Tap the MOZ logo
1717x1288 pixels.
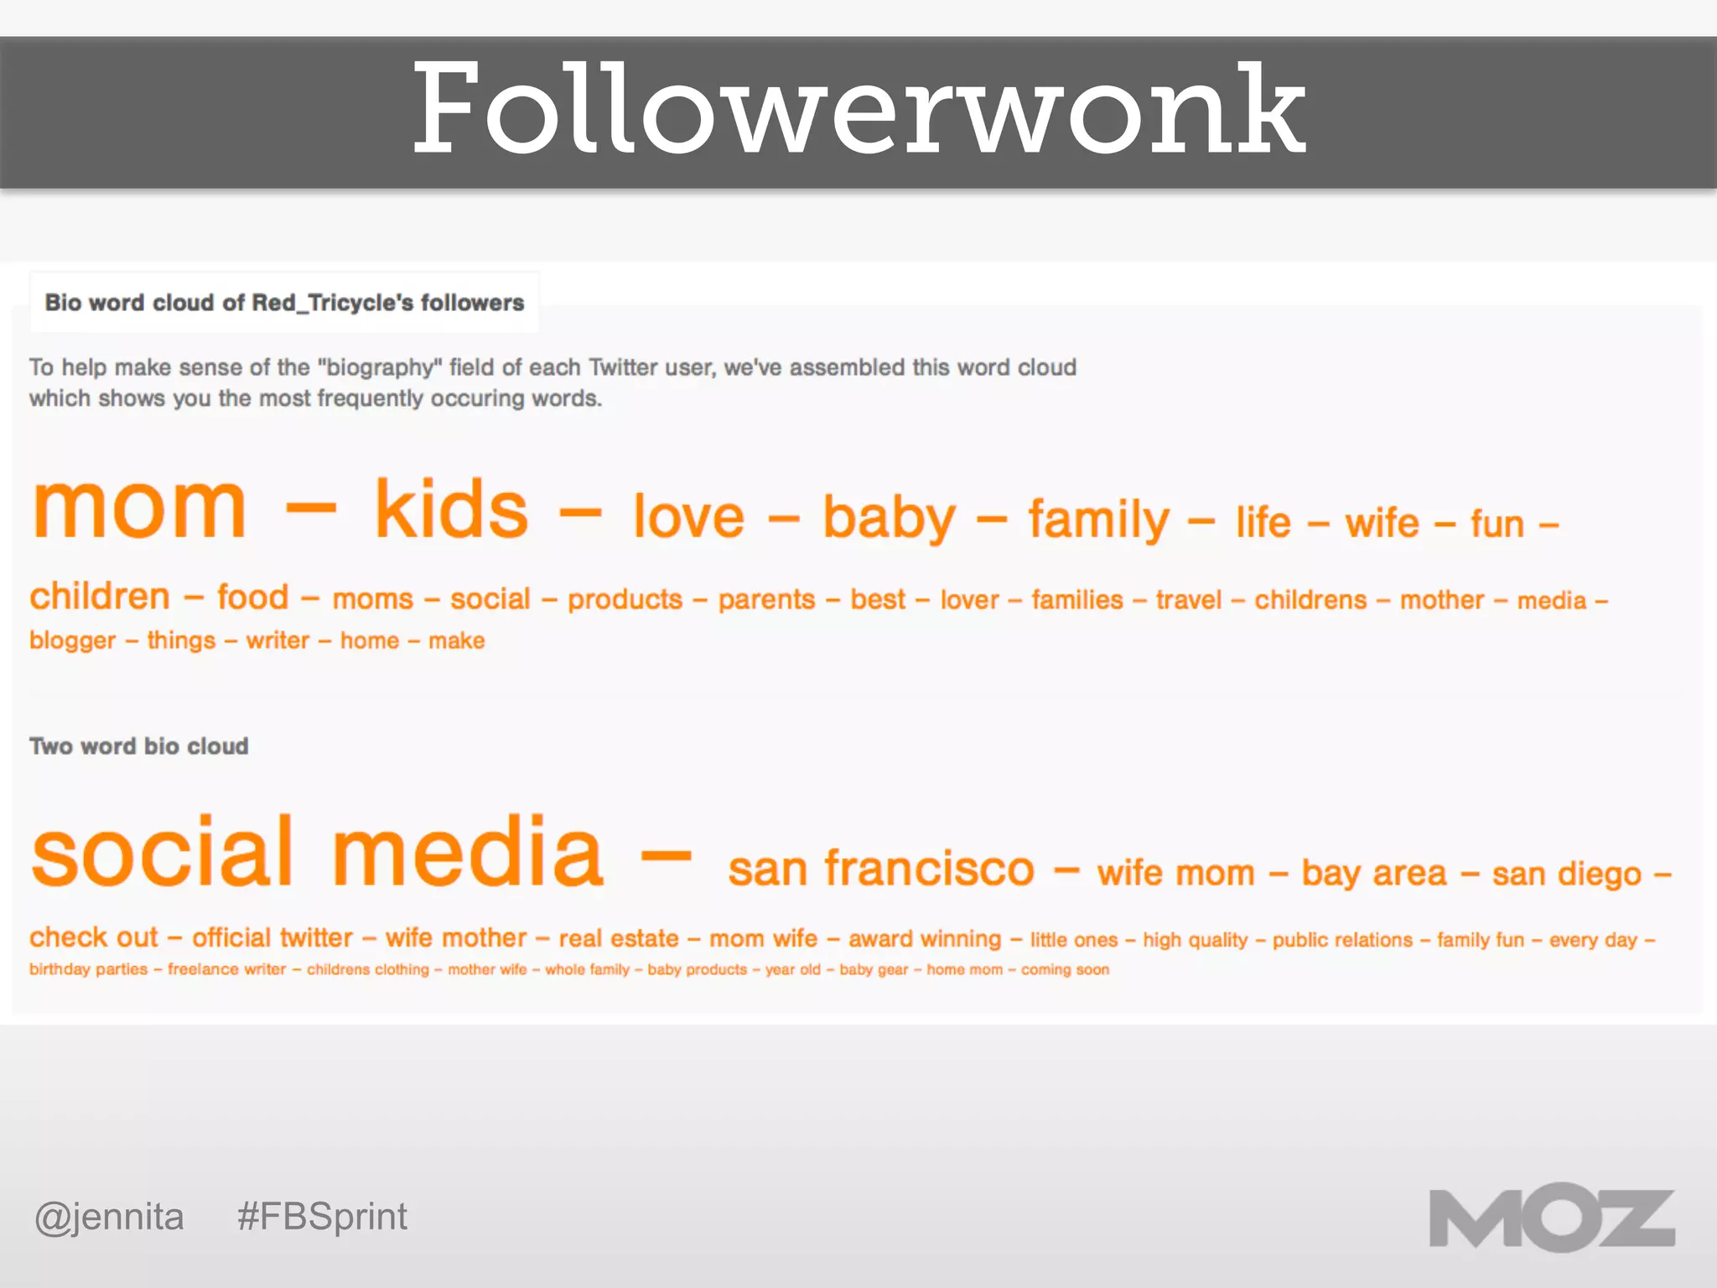pos(1551,1218)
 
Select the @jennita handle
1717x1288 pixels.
pos(109,1217)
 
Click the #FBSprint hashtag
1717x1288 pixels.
pos(322,1217)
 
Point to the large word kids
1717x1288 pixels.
pos(451,510)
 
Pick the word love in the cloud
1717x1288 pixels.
pos(688,517)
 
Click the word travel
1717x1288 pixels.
pos(1189,600)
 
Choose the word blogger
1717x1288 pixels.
pos(72,641)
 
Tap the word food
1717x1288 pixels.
pos(252,598)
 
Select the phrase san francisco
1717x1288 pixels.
pos(881,869)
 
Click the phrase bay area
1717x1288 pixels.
pos(1374,874)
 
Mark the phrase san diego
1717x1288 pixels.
pos(1566,875)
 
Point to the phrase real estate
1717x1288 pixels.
pos(619,938)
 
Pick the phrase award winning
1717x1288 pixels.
pos(925,939)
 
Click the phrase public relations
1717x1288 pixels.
pos(1342,940)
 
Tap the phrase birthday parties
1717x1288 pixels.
pos(88,969)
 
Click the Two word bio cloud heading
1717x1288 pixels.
pos(139,746)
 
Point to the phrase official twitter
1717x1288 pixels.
pos(272,937)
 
